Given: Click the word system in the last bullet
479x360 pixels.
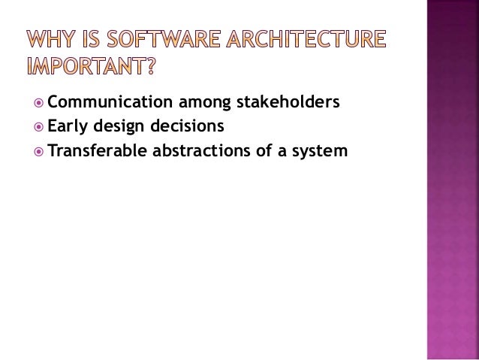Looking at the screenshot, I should tap(322, 152).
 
